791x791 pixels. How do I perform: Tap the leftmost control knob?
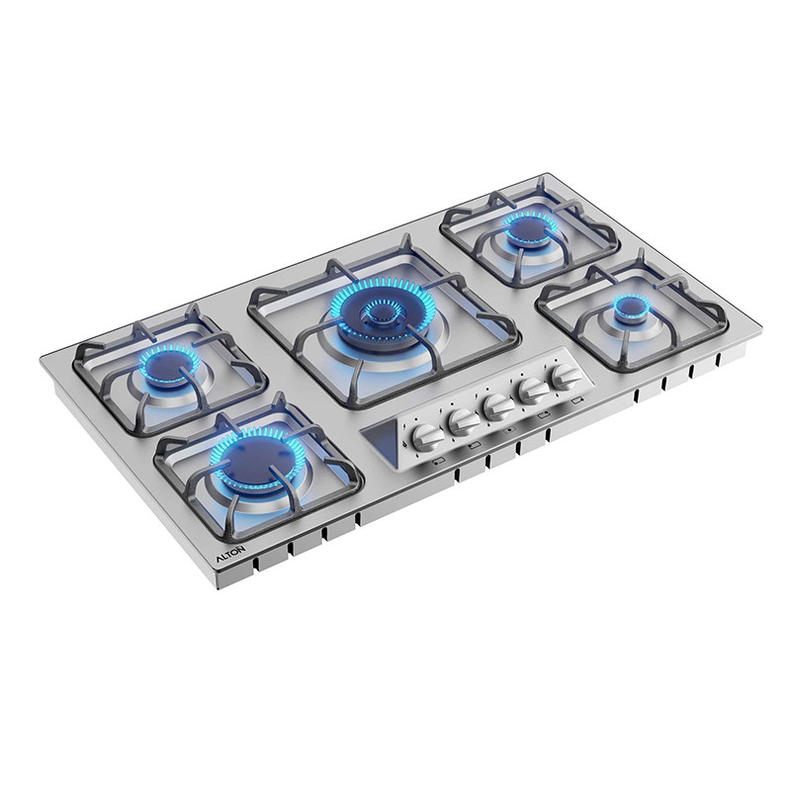(427, 436)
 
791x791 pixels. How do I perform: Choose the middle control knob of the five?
(498, 406)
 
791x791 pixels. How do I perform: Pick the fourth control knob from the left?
(533, 391)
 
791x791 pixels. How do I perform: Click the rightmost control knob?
(566, 377)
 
